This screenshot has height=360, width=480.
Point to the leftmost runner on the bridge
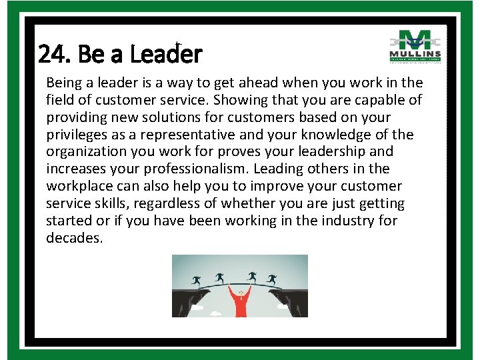(196, 280)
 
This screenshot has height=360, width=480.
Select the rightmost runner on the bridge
(271, 279)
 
